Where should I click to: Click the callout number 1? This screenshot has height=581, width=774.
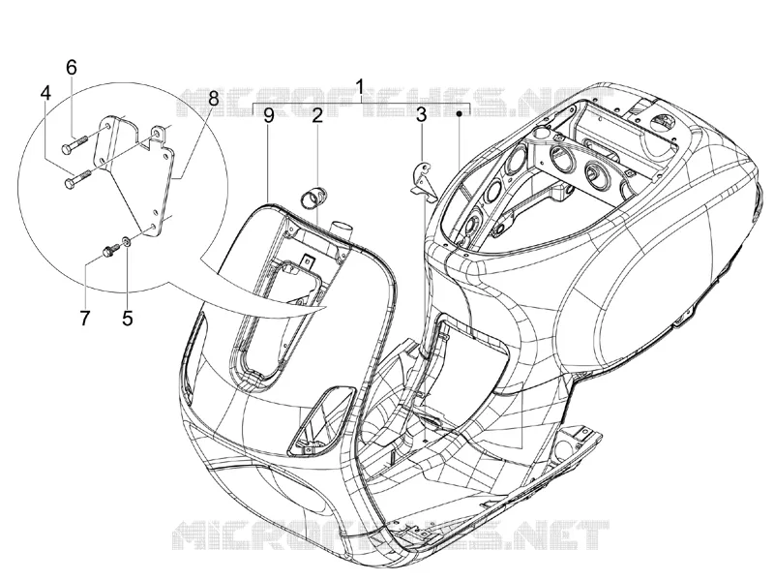click(x=360, y=87)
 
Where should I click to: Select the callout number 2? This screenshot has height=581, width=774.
click(x=317, y=115)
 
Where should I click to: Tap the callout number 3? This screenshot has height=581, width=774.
click(x=421, y=115)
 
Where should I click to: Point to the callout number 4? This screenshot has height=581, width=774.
click(x=45, y=93)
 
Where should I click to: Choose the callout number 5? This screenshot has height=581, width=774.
click(x=128, y=319)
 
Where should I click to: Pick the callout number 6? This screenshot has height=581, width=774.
click(x=72, y=67)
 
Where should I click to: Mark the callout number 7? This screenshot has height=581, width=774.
click(x=85, y=319)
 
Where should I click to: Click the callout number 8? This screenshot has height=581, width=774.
click(x=213, y=99)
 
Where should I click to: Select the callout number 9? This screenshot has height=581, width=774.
click(x=269, y=115)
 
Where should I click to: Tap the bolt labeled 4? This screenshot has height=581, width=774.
click(x=78, y=178)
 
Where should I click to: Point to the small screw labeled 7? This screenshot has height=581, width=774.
click(x=109, y=250)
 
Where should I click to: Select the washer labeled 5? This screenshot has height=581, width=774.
click(x=126, y=241)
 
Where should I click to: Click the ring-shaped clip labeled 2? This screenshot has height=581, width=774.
click(x=313, y=198)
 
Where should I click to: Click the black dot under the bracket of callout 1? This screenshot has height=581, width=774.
click(x=459, y=114)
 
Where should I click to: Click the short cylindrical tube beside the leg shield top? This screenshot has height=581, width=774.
click(x=342, y=230)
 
